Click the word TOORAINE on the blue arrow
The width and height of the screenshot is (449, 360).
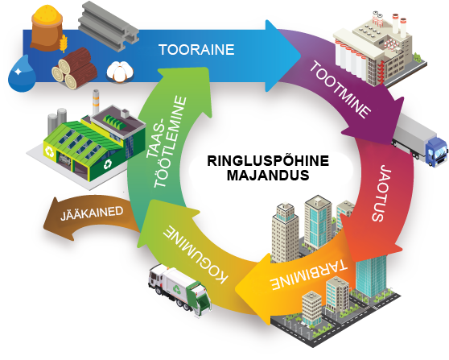pyautogui.click(x=196, y=50)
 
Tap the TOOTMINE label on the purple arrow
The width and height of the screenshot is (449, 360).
pyautogui.click(x=340, y=89)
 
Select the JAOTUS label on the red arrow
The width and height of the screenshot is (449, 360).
pyautogui.click(x=381, y=193)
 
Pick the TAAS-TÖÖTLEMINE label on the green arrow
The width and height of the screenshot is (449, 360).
pyautogui.click(x=166, y=142)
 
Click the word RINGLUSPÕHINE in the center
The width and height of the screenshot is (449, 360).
pyautogui.click(x=268, y=160)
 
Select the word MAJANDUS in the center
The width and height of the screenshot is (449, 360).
pyautogui.click(x=268, y=175)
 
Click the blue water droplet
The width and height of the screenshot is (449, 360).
pyautogui.click(x=22, y=74)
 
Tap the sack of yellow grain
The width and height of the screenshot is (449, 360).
pyautogui.click(x=47, y=27)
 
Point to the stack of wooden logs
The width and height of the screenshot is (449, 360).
pyautogui.click(x=75, y=68)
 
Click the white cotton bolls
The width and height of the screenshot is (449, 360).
pyautogui.click(x=120, y=72)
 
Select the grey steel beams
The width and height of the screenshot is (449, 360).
pyautogui.click(x=109, y=26)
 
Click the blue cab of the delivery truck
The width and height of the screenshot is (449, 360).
pyautogui.click(x=437, y=151)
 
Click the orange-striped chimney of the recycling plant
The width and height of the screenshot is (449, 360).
pyautogui.click(x=96, y=102)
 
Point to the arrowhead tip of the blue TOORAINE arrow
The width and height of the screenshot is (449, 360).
pyautogui.click(x=301, y=56)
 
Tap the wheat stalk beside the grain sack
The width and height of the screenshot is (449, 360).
pyautogui.click(x=64, y=43)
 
